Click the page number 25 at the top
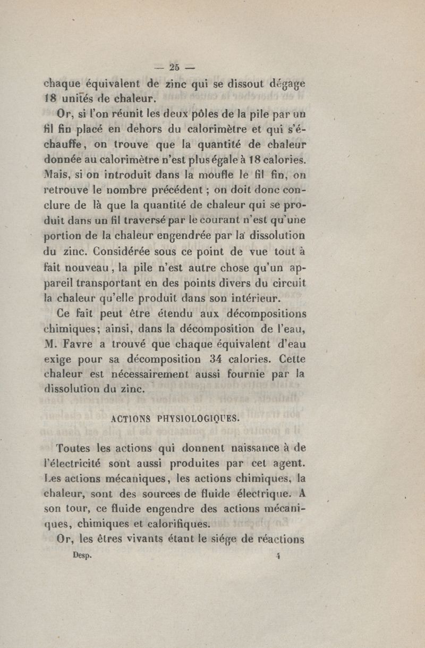(x=174, y=68)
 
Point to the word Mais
(x=57, y=173)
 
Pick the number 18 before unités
(x=52, y=98)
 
